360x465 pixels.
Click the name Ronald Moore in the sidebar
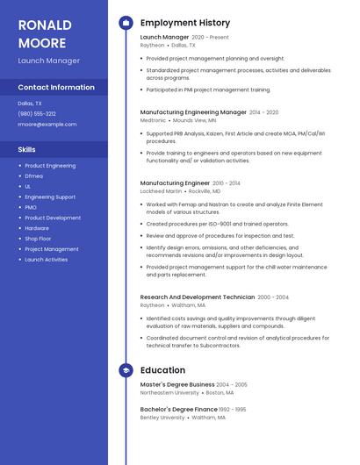[x=42, y=33]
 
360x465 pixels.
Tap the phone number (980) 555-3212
[x=37, y=113]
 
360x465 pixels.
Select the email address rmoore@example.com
[x=47, y=125]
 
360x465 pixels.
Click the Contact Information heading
[x=56, y=88]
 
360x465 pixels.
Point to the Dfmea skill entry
[x=33, y=175]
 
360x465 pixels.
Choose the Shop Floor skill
[x=38, y=239]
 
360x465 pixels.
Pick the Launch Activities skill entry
[x=46, y=260]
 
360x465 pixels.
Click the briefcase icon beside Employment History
[x=126, y=23]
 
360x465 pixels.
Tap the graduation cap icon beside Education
[x=126, y=371]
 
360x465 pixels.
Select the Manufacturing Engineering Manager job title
[x=193, y=112]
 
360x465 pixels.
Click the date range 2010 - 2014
[x=227, y=183]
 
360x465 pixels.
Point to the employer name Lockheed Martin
[x=162, y=190]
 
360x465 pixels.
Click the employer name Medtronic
[x=153, y=120]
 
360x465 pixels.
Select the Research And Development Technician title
[x=198, y=297]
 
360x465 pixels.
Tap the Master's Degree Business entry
[x=177, y=384]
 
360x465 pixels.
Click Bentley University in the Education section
[x=162, y=418]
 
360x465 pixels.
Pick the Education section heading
[x=162, y=371]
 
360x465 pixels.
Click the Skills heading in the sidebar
[x=27, y=150]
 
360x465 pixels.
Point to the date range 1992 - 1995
[x=233, y=409]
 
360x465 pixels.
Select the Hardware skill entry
[x=37, y=228]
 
